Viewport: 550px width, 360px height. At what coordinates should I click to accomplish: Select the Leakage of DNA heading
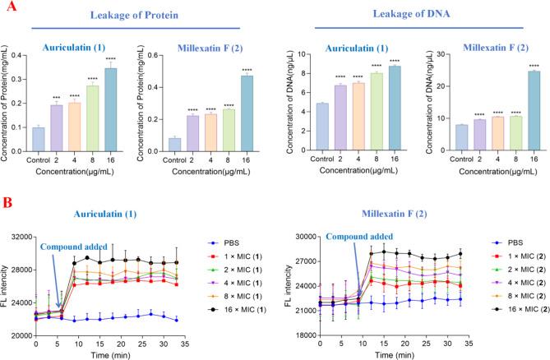[x=409, y=15]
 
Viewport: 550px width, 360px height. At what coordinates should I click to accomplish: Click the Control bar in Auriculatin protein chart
[x=39, y=138]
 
